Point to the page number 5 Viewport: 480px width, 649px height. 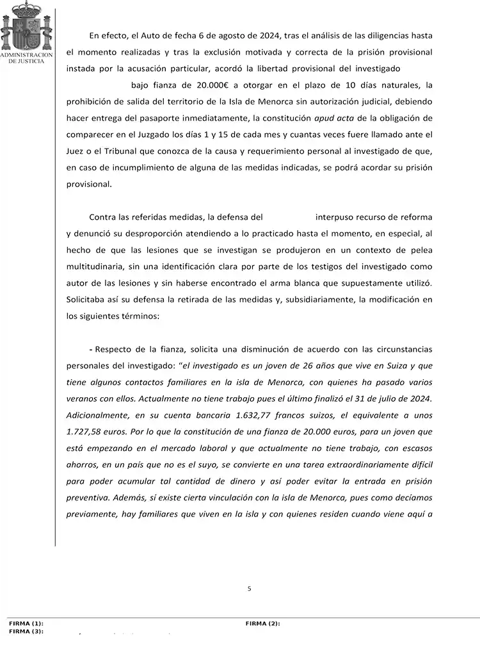(249, 588)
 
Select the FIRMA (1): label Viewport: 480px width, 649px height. (26, 623)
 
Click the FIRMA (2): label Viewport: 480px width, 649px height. (262, 623)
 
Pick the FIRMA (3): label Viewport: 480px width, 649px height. (26, 631)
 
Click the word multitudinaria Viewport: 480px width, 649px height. (98, 265)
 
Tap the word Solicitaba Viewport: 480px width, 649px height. (86, 299)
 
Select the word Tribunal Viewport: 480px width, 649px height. (113, 151)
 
